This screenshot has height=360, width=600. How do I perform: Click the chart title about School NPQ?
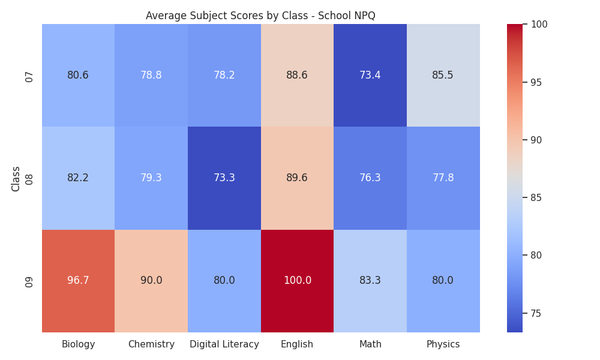pyautogui.click(x=260, y=16)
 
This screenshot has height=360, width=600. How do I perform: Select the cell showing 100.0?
pyautogui.click(x=298, y=281)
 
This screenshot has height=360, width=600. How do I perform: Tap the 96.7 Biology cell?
pyautogui.click(x=78, y=281)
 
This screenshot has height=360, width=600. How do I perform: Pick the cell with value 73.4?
pyautogui.click(x=370, y=75)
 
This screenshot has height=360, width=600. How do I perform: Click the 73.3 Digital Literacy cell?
pyautogui.click(x=224, y=178)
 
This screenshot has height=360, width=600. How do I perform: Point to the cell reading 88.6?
pyautogui.click(x=298, y=75)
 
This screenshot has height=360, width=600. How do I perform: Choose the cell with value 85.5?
pyautogui.click(x=443, y=75)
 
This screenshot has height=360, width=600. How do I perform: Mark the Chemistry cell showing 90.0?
pyautogui.click(x=151, y=281)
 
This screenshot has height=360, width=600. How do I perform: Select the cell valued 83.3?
pyautogui.click(x=370, y=281)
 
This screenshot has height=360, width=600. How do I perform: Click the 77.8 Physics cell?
pyautogui.click(x=443, y=178)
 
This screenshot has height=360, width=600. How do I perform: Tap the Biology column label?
pyautogui.click(x=78, y=344)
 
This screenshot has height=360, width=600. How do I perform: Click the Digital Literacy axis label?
pyautogui.click(x=224, y=344)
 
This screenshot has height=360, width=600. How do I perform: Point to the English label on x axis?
pyautogui.click(x=297, y=344)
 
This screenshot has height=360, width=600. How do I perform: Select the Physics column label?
pyautogui.click(x=443, y=344)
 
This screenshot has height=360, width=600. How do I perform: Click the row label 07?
pyautogui.click(x=29, y=77)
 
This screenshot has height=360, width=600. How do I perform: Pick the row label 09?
pyautogui.click(x=29, y=283)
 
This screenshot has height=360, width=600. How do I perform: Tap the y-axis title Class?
pyautogui.click(x=16, y=179)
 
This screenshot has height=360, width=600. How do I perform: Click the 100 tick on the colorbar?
pyautogui.click(x=539, y=24)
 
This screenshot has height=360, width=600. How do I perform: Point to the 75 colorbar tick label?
pyautogui.click(x=536, y=313)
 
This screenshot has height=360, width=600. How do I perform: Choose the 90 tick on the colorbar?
pyautogui.click(x=536, y=140)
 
